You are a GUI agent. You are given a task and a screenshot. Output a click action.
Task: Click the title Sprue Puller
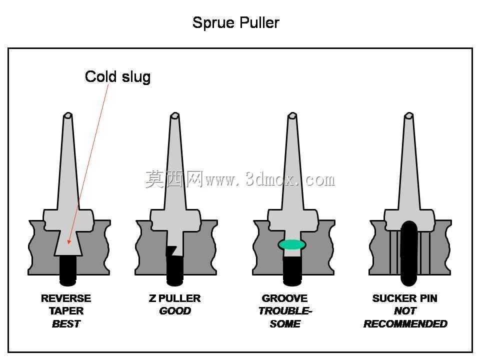235,22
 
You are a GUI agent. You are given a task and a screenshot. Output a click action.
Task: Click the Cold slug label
117,76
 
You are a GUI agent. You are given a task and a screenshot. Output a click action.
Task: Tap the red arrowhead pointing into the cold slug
69,241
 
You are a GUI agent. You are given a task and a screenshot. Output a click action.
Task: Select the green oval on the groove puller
291,244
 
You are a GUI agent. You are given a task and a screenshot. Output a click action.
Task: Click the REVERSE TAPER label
66,304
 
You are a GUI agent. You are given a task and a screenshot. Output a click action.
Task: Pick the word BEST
66,323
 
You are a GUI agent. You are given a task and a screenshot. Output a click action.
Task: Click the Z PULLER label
175,298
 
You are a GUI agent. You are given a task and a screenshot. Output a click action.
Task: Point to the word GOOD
175,311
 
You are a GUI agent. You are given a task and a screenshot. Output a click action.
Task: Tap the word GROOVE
284,298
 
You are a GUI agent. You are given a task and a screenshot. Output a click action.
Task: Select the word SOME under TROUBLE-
285,323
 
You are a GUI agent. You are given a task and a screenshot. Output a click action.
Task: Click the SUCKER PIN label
404,298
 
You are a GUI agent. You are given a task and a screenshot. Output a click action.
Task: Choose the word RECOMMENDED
405,323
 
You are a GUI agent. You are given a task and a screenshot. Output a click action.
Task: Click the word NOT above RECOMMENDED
405,311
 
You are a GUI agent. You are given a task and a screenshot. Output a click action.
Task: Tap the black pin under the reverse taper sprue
67,270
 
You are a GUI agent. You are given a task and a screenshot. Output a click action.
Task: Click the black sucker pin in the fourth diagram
409,253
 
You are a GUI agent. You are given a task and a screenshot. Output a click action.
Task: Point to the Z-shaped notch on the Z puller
171,250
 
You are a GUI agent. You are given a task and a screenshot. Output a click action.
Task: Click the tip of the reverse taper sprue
67,115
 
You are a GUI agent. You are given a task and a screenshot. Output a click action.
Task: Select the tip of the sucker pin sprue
408,115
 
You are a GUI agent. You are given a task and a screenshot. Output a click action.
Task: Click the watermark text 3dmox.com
290,179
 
